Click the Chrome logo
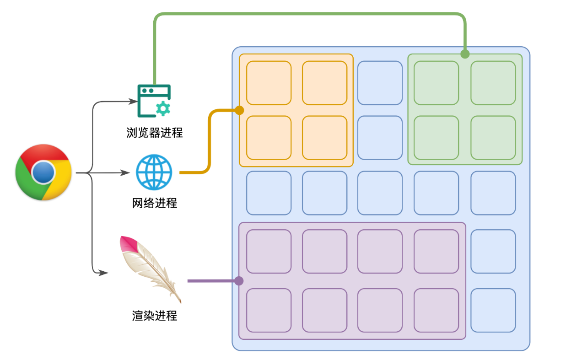tap(43, 172)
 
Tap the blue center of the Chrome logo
tap(43, 172)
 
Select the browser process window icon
tap(154, 101)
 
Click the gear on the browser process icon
tap(162, 108)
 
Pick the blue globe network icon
tap(154, 172)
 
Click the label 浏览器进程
tap(154, 133)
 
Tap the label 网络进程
tap(154, 203)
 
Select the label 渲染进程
tap(154, 316)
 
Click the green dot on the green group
tap(465, 54)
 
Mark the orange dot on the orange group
tap(239, 110)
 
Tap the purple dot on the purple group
tap(239, 280)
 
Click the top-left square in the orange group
tap(269, 83)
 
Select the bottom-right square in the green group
tap(493, 138)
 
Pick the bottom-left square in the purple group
tap(269, 310)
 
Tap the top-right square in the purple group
tap(436, 251)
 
